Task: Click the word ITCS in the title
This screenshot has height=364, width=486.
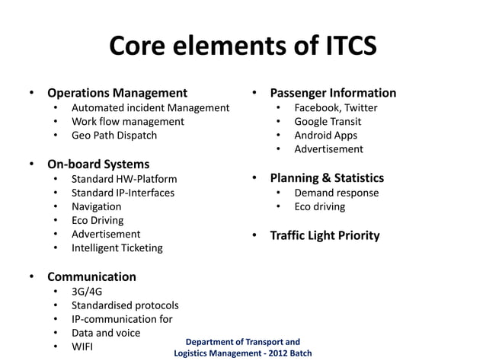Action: pyautogui.click(x=337, y=47)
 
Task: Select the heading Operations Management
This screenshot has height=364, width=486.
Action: pyautogui.click(x=117, y=94)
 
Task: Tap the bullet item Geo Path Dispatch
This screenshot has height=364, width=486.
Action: pyautogui.click(x=114, y=136)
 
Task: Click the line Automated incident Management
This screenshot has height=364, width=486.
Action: pyautogui.click(x=150, y=107)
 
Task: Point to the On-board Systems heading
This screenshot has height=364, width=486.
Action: pyautogui.click(x=98, y=164)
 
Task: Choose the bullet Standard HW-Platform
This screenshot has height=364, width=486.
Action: pyautogui.click(x=124, y=179)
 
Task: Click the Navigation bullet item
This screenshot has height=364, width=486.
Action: pyautogui.click(x=96, y=206)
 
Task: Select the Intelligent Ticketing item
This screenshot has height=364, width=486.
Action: pyautogui.click(x=117, y=247)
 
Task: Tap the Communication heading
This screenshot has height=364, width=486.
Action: pyautogui.click(x=91, y=276)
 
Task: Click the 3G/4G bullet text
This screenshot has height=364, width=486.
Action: pyautogui.click(x=85, y=291)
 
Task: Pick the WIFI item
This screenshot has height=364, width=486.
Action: pyautogui.click(x=83, y=347)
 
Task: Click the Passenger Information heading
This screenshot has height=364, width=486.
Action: pyautogui.click(x=333, y=94)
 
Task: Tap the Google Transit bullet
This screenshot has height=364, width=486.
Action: pyautogui.click(x=328, y=121)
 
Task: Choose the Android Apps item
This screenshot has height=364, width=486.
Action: pyautogui.click(x=325, y=136)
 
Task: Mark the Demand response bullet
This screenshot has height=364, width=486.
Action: pyautogui.click(x=336, y=193)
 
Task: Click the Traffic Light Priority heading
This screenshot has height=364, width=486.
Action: pyautogui.click(x=325, y=235)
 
